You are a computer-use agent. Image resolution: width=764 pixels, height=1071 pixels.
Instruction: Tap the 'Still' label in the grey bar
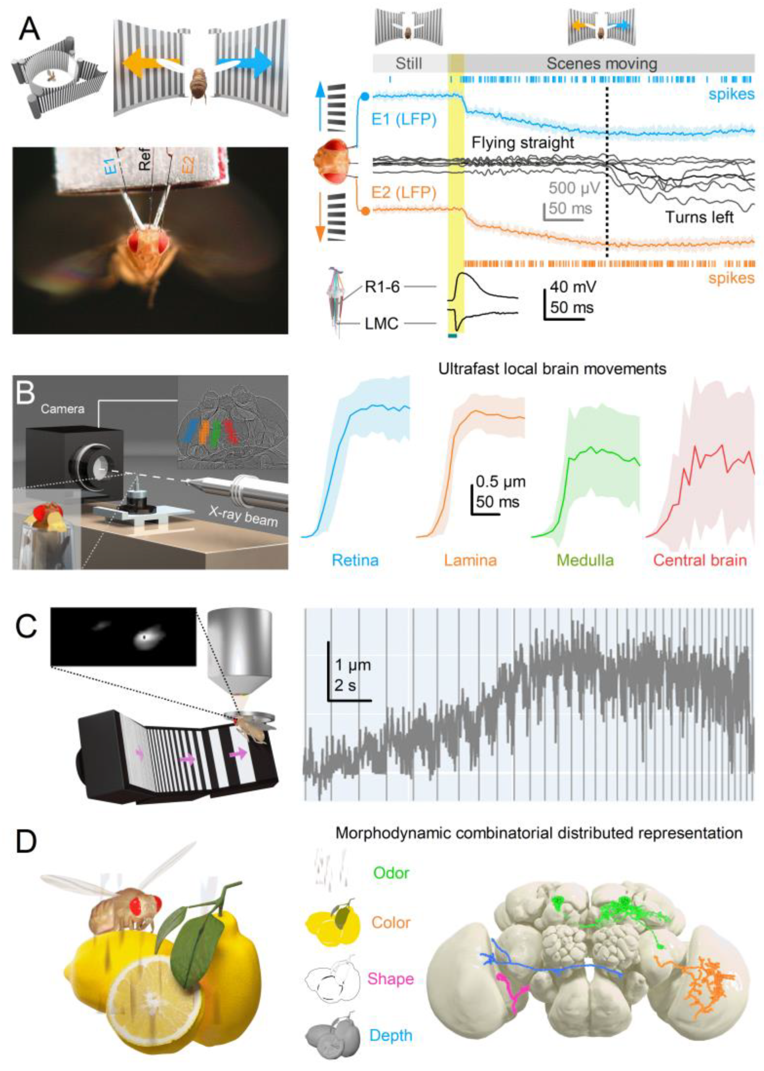pyautogui.click(x=408, y=64)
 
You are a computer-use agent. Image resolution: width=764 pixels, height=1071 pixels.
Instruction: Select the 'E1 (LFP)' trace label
pyautogui.click(x=404, y=119)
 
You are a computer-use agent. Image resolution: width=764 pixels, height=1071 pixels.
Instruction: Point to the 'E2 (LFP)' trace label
pyautogui.click(x=404, y=192)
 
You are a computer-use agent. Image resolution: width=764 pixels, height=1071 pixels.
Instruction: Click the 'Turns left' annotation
pyautogui.click(x=699, y=217)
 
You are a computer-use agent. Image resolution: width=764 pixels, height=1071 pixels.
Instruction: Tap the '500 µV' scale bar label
pyautogui.click(x=575, y=188)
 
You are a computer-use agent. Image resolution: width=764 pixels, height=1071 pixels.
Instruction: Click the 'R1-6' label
pyautogui.click(x=382, y=286)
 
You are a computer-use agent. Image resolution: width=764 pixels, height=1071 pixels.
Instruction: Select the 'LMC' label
pyautogui.click(x=382, y=323)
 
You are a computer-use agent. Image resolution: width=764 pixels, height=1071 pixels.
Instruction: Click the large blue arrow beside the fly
pyautogui.click(x=245, y=63)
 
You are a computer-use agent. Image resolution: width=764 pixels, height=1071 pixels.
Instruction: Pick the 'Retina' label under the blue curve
pyautogui.click(x=355, y=560)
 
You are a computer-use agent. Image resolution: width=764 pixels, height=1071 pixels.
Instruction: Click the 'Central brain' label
pyautogui.click(x=700, y=560)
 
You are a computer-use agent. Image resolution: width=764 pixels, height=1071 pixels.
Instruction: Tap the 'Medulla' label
pyautogui.click(x=585, y=560)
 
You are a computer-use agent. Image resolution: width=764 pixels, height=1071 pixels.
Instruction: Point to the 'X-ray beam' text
pyautogui.click(x=243, y=516)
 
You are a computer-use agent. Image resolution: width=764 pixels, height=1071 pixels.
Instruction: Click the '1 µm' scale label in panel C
pyautogui.click(x=353, y=665)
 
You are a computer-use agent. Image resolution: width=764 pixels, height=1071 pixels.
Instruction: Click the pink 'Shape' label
pyautogui.click(x=390, y=978)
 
